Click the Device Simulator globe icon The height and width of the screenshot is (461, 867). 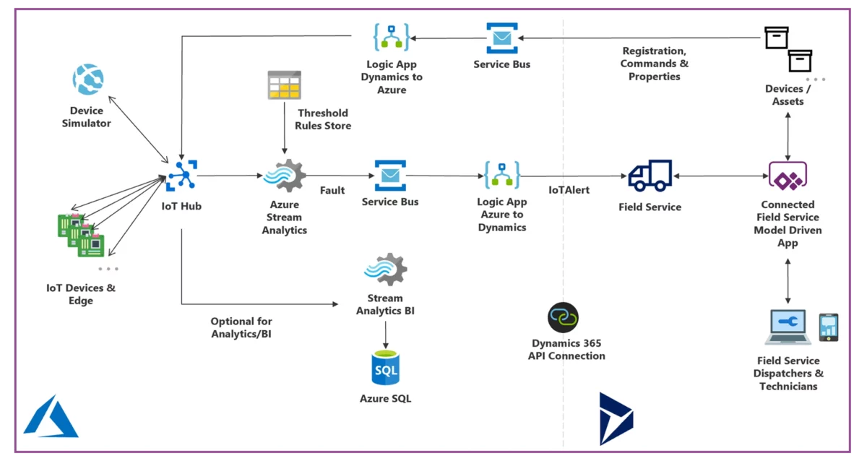click(88, 79)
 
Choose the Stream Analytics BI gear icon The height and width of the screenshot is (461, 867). click(385, 270)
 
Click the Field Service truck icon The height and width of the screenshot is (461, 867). click(650, 176)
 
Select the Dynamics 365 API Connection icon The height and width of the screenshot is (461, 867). click(563, 317)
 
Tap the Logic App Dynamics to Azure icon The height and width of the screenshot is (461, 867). click(392, 38)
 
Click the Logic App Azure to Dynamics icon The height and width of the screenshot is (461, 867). click(501, 176)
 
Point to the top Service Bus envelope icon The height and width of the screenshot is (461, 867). click(501, 38)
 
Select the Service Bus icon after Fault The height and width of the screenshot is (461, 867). click(390, 176)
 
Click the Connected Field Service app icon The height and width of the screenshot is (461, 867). click(788, 176)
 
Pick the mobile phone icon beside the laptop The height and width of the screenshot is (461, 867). click(829, 327)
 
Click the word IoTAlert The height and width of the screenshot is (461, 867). click(569, 190)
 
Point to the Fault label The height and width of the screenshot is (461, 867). click(332, 191)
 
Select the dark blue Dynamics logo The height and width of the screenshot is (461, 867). click(616, 418)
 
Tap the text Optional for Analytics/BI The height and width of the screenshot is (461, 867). click(241, 327)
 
